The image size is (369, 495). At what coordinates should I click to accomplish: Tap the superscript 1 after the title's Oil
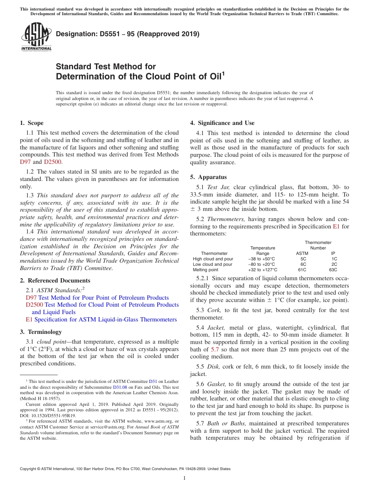(223, 74)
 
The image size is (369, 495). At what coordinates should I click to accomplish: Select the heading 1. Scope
(31, 123)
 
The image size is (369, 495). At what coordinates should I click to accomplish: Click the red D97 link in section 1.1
(25, 162)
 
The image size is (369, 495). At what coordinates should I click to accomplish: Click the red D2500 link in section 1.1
(52, 162)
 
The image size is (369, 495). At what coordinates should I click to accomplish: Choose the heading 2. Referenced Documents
(55, 281)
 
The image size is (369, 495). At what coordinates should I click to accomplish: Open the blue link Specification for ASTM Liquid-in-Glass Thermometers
(105, 319)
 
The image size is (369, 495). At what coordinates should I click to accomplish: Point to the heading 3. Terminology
(40, 332)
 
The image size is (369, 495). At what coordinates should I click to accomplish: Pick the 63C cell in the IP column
(333, 270)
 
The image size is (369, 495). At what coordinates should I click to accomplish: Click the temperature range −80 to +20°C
(261, 264)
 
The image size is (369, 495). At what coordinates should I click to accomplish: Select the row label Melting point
(205, 270)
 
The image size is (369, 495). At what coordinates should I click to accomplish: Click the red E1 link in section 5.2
(336, 226)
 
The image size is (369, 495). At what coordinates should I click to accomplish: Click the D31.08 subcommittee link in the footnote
(120, 387)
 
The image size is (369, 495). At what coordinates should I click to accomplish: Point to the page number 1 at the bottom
(184, 478)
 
